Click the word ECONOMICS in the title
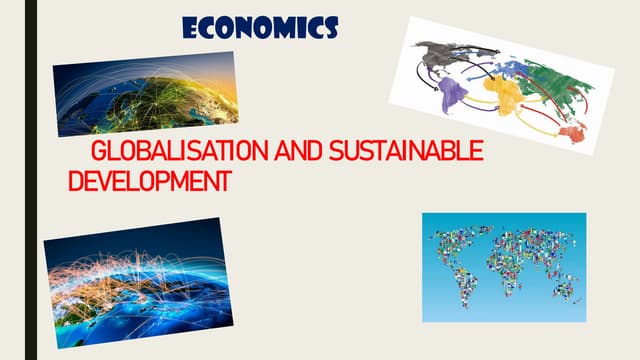pos(260,27)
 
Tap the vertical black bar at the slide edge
pos(31,180)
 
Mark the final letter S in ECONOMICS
pos(329,27)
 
